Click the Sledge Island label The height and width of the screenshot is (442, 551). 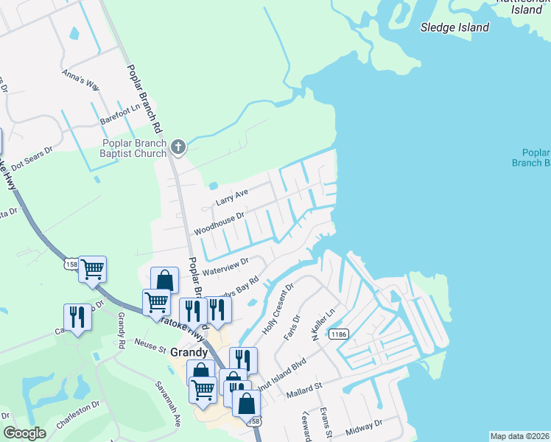(x=455, y=27)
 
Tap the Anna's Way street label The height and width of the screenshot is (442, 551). (x=81, y=79)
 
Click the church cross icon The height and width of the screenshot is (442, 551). (x=178, y=147)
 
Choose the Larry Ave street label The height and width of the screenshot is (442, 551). (x=233, y=197)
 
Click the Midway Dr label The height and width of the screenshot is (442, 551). (x=365, y=425)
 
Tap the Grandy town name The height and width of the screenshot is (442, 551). (x=189, y=353)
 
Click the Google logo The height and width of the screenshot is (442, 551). (x=25, y=433)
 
